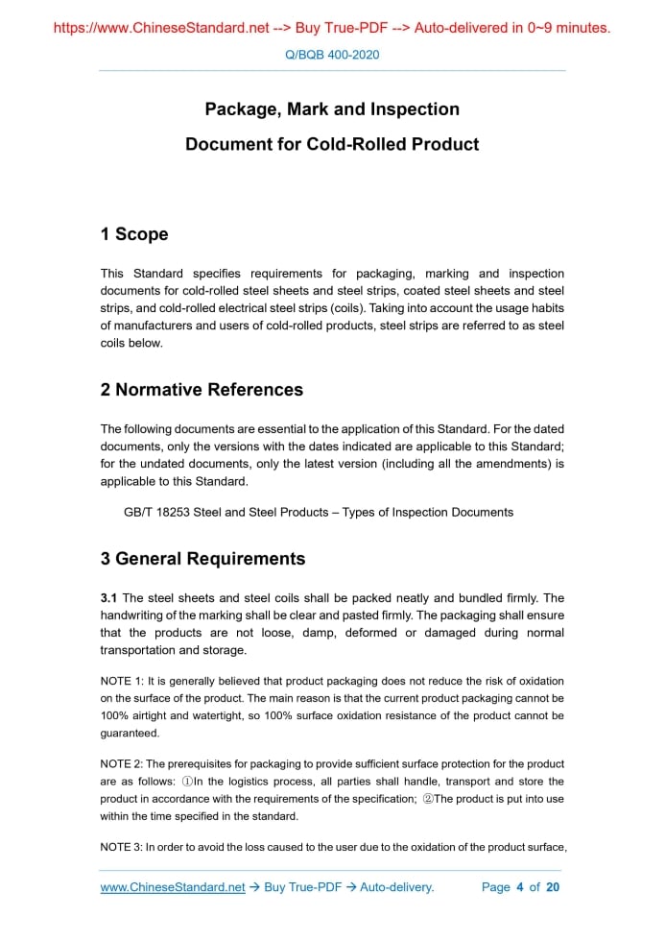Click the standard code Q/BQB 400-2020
332,55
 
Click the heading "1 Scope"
134,234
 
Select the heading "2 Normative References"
202,390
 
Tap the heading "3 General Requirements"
202,559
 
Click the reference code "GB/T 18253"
156,512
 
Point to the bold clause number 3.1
109,598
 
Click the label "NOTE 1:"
122,681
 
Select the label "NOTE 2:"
122,764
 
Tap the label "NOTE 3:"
122,847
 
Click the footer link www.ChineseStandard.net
173,887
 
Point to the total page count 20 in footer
553,887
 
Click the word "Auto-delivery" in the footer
396,887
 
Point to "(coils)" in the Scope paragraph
343,308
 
